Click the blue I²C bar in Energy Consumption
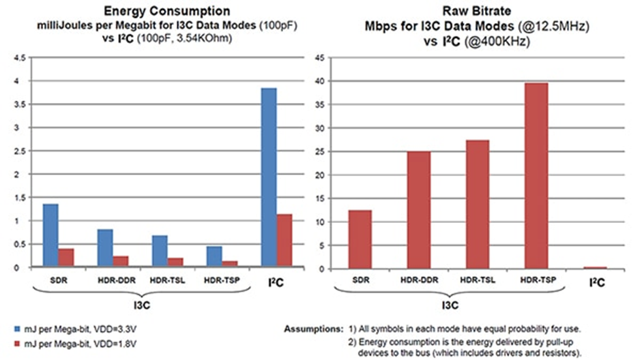tap(270, 177)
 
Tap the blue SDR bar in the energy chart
tap(50, 235)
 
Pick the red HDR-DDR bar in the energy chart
tap(121, 262)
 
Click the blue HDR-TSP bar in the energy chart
tap(214, 257)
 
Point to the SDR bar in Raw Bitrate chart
tap(360, 239)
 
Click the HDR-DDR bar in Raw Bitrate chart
tap(418, 210)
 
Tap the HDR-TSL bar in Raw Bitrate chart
tap(478, 204)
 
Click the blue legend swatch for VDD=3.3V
tap(16, 329)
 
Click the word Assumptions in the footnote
tap(309, 329)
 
